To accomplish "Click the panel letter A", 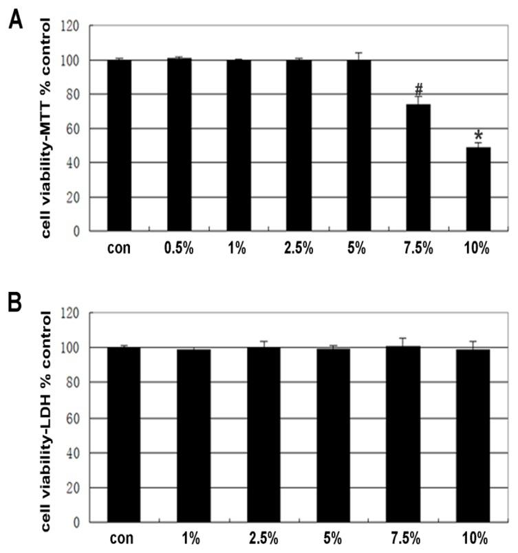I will point(14,21).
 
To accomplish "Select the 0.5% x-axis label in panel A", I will point(179,249).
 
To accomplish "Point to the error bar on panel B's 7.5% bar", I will point(403,341).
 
